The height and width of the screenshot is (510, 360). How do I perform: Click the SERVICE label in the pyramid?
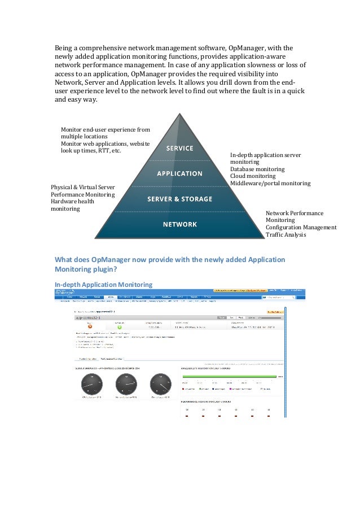point(179,149)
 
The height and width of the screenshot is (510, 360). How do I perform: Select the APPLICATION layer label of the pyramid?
point(179,173)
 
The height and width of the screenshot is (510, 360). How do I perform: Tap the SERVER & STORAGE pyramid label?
point(179,199)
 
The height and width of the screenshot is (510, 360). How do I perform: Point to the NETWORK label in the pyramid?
point(179,224)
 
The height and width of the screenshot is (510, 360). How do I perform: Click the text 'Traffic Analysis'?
point(286,234)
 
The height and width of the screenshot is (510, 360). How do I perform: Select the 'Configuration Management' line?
point(301,228)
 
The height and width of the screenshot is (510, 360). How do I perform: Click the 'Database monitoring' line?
point(257,169)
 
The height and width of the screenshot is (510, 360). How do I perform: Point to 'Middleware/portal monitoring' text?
point(270,184)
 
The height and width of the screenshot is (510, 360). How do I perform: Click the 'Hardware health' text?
point(73,202)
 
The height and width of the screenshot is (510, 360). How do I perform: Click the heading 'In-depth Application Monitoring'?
point(103,284)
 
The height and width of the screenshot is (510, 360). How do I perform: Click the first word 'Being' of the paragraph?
point(63,47)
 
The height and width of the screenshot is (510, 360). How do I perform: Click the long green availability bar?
point(228,376)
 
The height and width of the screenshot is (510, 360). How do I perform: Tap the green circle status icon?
point(120,326)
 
